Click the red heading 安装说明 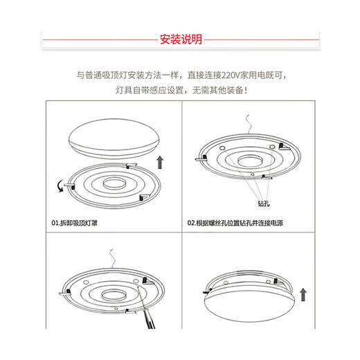coord(180,39)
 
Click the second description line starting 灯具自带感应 coord(179,90)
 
